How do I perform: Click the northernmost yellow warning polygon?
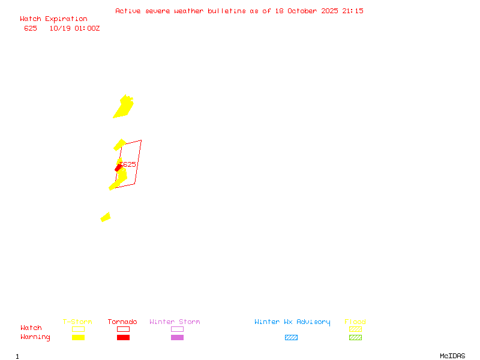tap(124, 106)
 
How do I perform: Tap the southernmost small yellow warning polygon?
tap(106, 217)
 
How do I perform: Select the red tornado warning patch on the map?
tap(118, 169)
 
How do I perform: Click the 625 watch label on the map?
tap(128, 164)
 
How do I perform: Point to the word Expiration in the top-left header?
tap(66, 19)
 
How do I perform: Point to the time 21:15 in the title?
tap(353, 11)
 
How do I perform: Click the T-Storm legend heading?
tap(77, 322)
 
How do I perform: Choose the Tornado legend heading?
tap(122, 322)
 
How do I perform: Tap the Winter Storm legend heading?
tap(175, 322)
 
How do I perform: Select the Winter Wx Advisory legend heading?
tap(292, 322)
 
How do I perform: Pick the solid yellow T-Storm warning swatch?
tap(78, 337)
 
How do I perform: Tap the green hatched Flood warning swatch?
tap(355, 337)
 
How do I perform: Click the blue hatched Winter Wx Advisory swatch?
tap(291, 337)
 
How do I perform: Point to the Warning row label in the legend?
tap(35, 337)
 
